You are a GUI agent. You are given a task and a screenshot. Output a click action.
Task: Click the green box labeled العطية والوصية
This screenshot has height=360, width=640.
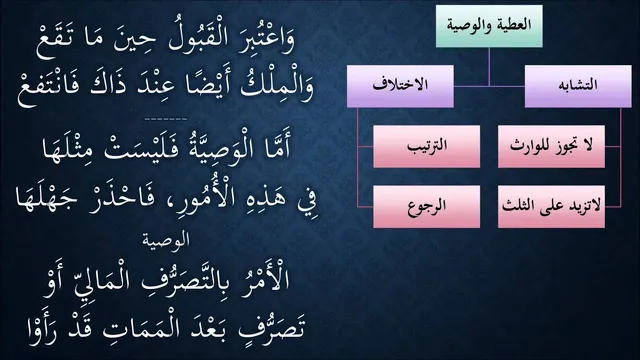tap(489, 26)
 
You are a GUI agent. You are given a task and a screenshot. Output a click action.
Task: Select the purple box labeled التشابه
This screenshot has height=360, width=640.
tap(578, 86)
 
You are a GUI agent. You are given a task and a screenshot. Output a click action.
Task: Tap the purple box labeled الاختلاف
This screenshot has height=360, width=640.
tap(400, 86)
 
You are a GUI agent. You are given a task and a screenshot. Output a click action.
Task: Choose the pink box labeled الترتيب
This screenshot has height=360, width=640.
tap(427, 147)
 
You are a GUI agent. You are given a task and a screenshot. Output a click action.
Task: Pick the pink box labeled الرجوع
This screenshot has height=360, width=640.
tap(427, 207)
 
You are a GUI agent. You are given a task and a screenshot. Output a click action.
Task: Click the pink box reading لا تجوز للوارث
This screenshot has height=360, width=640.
tap(551, 147)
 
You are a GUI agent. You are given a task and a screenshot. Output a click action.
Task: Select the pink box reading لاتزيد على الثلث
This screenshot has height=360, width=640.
tap(551, 207)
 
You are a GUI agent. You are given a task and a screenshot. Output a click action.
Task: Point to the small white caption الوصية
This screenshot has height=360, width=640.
tap(166, 240)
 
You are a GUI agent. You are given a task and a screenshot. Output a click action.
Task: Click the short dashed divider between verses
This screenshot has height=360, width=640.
tap(166, 119)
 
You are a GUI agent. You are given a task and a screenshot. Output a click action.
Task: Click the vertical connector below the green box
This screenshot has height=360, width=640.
tap(489, 67)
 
